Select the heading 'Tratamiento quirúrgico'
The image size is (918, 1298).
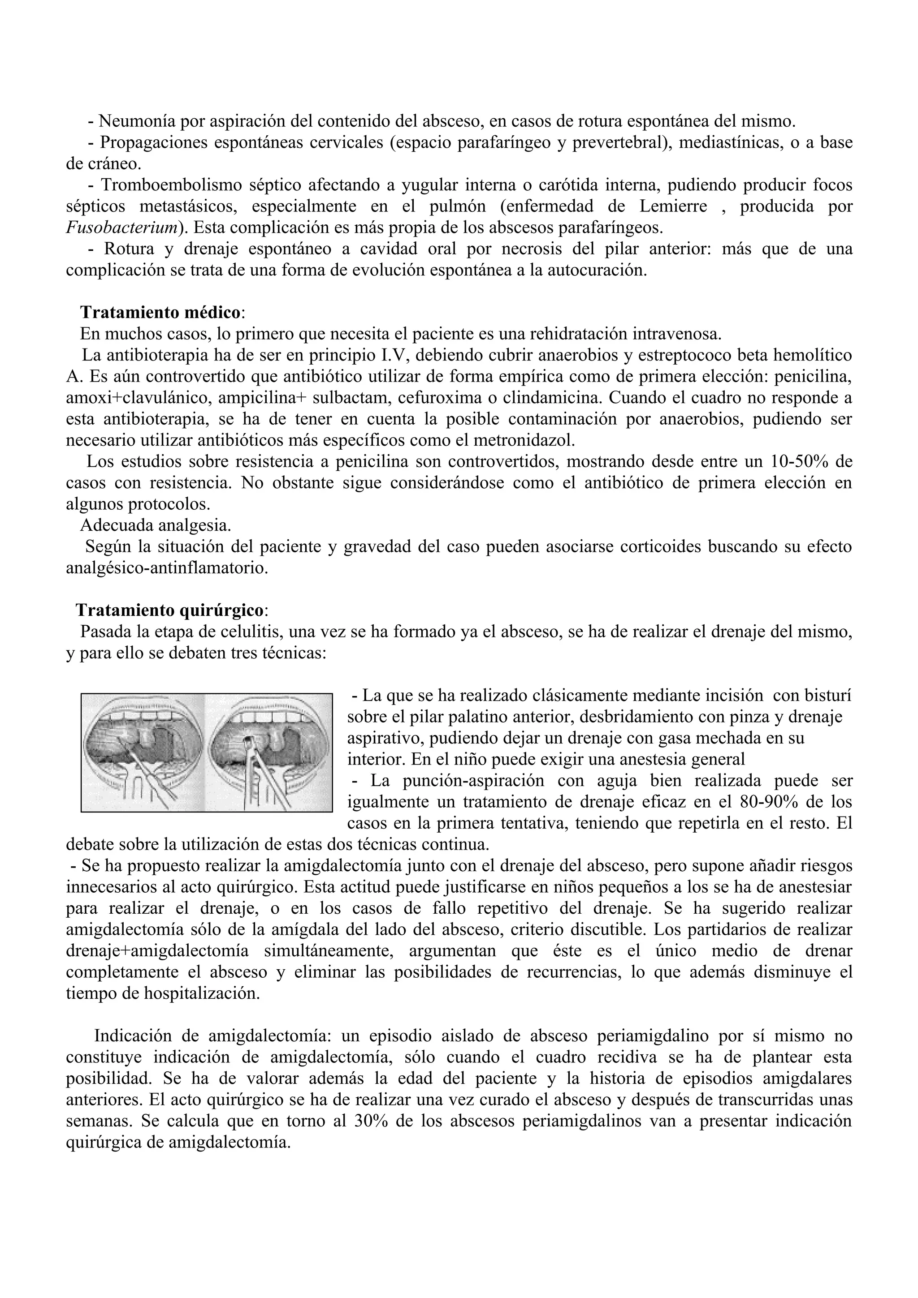tap(169, 610)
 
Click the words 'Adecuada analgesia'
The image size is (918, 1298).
tap(156, 525)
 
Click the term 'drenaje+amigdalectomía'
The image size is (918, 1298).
tap(157, 951)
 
